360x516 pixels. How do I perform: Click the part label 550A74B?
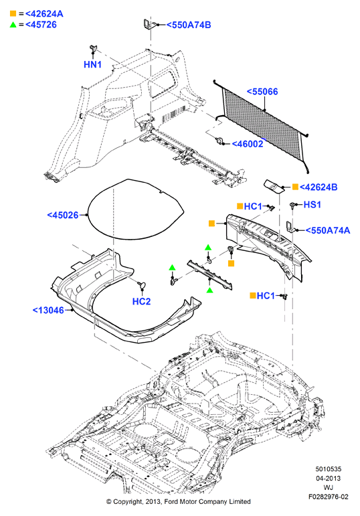(189, 25)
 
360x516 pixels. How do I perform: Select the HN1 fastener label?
(93, 64)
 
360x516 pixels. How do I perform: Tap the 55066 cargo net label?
(262, 92)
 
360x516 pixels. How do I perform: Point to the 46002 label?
(248, 144)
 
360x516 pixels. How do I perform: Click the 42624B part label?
(319, 187)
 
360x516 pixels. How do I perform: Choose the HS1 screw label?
(312, 204)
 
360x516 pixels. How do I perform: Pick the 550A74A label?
(328, 230)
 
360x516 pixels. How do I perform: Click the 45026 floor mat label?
(63, 216)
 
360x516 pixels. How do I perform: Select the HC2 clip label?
(141, 301)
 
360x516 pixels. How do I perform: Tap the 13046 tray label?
(48, 310)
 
